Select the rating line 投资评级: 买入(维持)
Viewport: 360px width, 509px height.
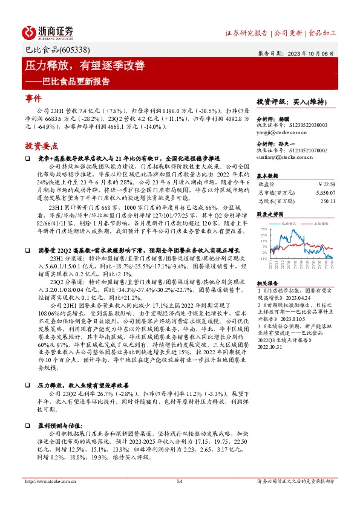click(288, 102)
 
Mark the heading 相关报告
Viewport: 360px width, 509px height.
click(267, 266)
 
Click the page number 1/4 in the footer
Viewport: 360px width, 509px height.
click(179, 464)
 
